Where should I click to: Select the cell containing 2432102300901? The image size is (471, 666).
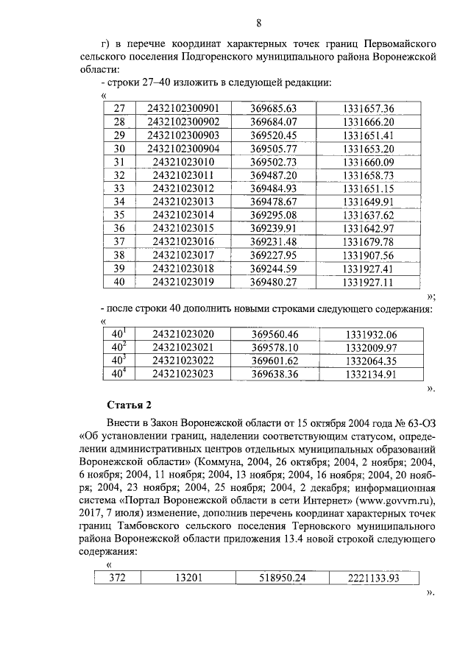pyautogui.click(x=183, y=107)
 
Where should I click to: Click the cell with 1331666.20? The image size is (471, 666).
pyautogui.click(x=368, y=121)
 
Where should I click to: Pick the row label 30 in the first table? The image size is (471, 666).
pyautogui.click(x=119, y=149)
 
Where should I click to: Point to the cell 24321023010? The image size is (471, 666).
pyautogui.click(x=183, y=162)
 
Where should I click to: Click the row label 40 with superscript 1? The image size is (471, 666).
pyautogui.click(x=119, y=333)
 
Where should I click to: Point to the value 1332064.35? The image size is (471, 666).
pyautogui.click(x=370, y=361)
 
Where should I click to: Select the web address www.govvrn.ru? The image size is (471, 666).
pyautogui.click(x=393, y=503)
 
